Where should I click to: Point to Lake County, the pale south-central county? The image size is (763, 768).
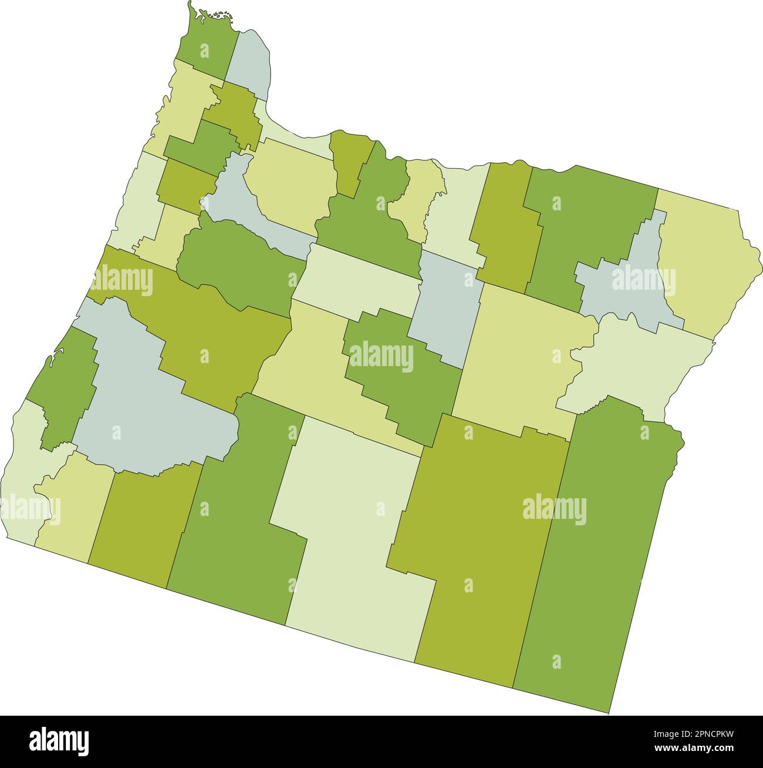tap(352, 529)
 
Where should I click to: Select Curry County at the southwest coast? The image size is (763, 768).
tap(21, 470)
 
